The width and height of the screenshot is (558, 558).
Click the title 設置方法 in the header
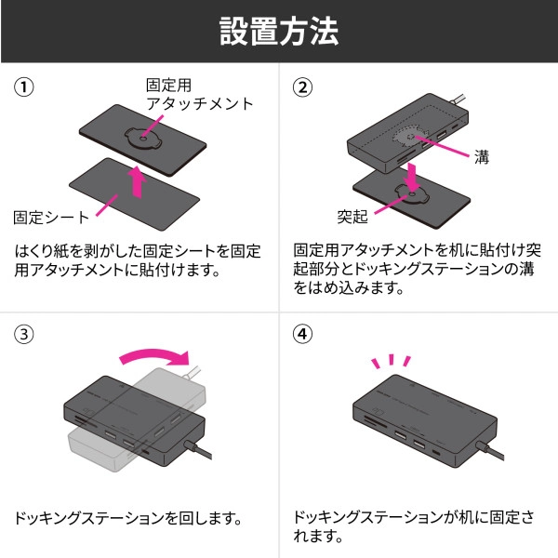(x=279, y=30)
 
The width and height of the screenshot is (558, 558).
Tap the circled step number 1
(x=24, y=87)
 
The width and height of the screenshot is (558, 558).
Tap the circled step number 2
(x=303, y=87)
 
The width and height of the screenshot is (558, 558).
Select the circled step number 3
(x=24, y=333)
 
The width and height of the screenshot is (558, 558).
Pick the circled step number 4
(x=303, y=333)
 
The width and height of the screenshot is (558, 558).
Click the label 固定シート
(x=51, y=218)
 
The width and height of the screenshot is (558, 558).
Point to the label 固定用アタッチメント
(x=199, y=94)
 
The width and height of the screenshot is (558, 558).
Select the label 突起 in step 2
(x=353, y=218)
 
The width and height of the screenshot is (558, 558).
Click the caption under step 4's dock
(x=413, y=526)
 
